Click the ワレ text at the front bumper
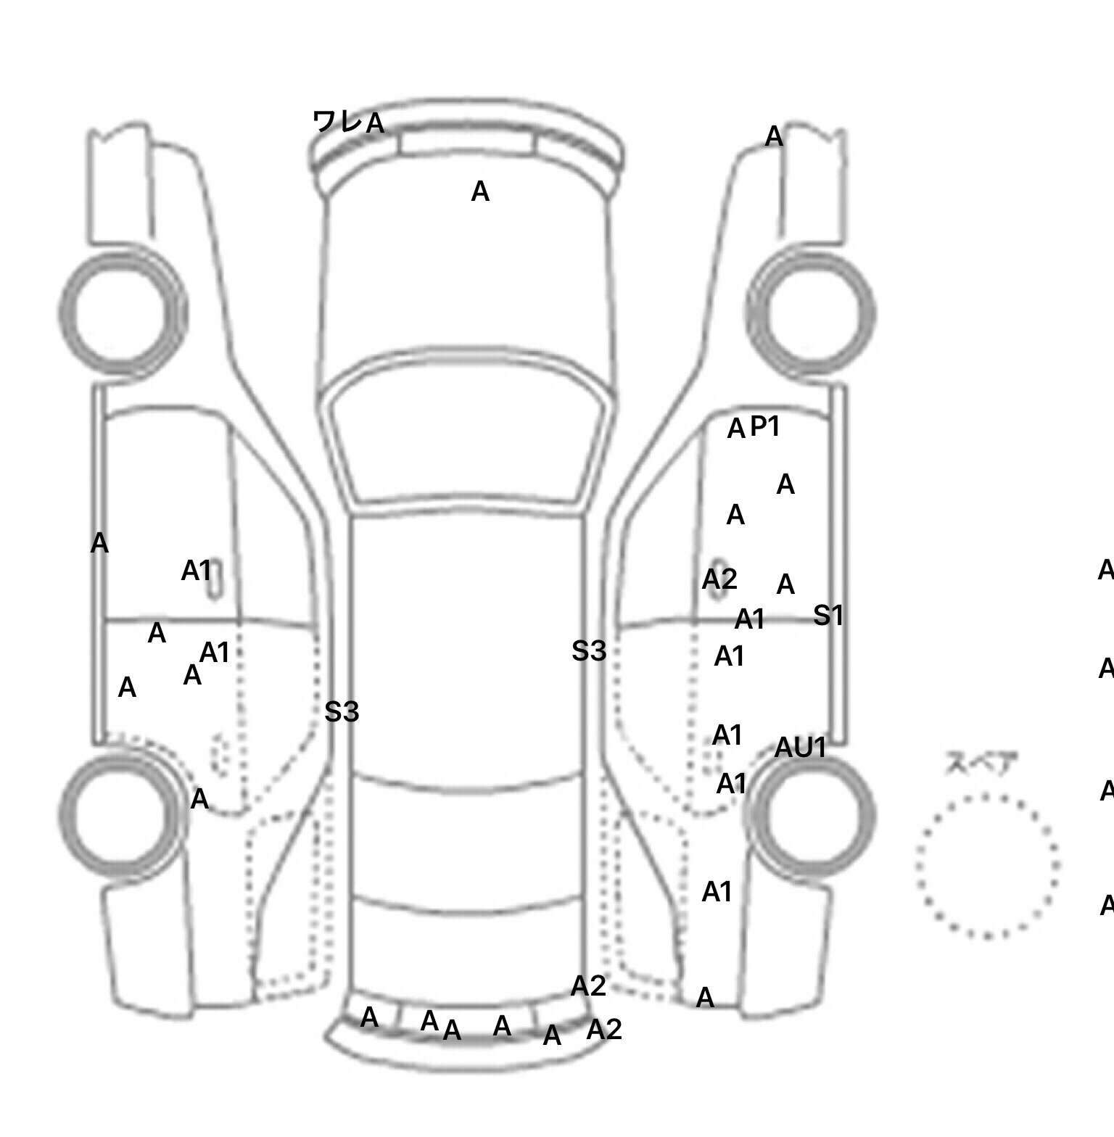(x=337, y=121)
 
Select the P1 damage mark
(x=765, y=426)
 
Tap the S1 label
(x=828, y=616)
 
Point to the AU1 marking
(x=801, y=748)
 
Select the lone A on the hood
(x=480, y=192)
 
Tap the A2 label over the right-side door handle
(x=719, y=579)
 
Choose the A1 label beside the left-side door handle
(x=196, y=571)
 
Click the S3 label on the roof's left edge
(x=342, y=712)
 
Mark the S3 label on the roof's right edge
(x=588, y=651)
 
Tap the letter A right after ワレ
(x=375, y=124)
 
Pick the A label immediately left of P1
(x=736, y=429)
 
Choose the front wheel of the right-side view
(x=811, y=313)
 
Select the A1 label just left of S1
(x=750, y=620)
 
